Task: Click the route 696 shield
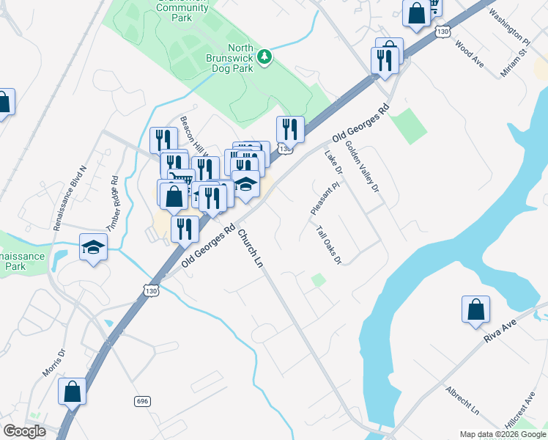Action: tap(143, 401)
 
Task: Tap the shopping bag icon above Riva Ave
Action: tap(475, 309)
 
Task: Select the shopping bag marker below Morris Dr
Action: tap(73, 392)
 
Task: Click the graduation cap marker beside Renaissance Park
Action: tap(94, 248)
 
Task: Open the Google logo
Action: tap(25, 431)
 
